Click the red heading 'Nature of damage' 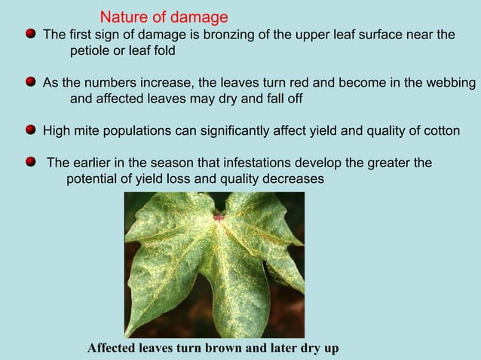[x=164, y=17]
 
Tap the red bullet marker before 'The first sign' [x=30, y=34]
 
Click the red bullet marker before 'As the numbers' [x=30, y=81]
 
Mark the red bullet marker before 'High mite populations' [x=30, y=130]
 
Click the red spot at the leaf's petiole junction [x=219, y=217]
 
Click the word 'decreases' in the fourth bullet [x=296, y=179]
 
